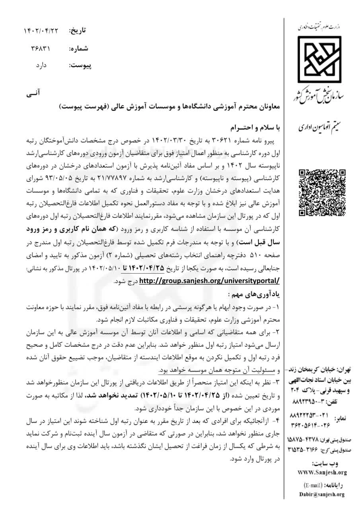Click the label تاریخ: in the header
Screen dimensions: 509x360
(x=78, y=31)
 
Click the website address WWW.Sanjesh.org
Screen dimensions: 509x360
(x=322, y=472)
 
